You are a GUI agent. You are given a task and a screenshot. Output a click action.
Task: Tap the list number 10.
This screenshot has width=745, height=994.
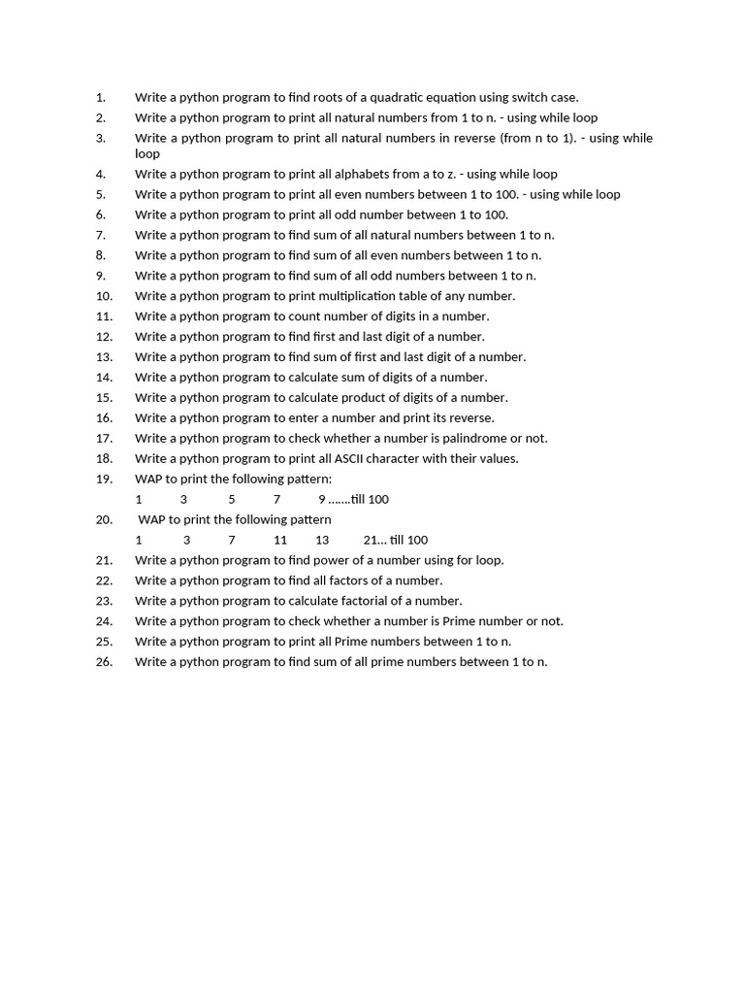click(x=105, y=296)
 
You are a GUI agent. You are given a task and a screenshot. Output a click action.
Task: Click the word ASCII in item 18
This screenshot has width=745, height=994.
click(x=373, y=458)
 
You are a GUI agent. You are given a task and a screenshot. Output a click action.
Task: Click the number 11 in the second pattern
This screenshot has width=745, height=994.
click(x=280, y=540)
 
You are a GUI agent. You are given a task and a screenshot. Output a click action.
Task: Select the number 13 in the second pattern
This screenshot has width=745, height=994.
click(x=322, y=540)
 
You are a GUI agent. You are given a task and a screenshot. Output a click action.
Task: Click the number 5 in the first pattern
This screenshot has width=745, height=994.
click(x=232, y=499)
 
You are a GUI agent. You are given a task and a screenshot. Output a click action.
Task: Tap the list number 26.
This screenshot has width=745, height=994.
click(x=105, y=662)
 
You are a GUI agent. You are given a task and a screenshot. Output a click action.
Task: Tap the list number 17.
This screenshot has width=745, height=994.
click(x=105, y=438)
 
